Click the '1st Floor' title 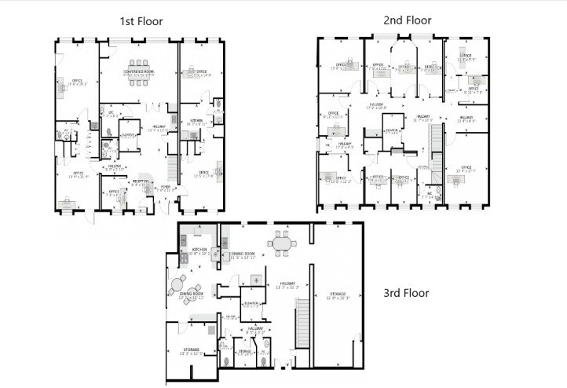pyautogui.click(x=141, y=21)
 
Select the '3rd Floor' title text pyautogui.click(x=405, y=293)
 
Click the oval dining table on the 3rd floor pyautogui.click(x=282, y=243)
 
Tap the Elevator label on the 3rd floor pyautogui.click(x=252, y=303)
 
